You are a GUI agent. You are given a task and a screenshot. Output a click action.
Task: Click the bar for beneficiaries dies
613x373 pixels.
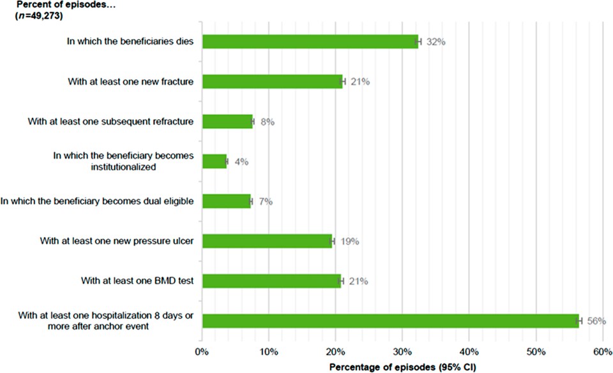click(310, 42)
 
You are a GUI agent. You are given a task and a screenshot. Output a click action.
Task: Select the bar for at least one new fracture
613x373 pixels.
click(273, 82)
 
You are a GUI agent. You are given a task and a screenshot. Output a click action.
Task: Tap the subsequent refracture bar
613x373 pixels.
click(227, 121)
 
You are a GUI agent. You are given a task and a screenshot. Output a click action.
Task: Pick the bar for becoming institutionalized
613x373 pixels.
click(215, 161)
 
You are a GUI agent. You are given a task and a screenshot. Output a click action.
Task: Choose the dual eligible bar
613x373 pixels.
click(226, 201)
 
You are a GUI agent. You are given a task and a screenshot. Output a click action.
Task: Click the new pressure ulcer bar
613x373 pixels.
click(267, 241)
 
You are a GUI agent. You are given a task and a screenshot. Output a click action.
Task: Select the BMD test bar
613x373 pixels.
click(271, 281)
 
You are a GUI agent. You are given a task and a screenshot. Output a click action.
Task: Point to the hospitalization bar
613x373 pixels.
click(390, 321)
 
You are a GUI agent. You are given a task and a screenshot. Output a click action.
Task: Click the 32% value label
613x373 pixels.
click(435, 42)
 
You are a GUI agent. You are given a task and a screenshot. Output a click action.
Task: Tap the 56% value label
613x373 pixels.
click(596, 321)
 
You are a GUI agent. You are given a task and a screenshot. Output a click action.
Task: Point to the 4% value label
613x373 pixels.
click(241, 161)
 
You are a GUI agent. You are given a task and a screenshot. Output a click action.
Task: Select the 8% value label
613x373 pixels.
click(266, 121)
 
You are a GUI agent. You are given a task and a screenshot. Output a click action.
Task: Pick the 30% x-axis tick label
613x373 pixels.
click(402, 351)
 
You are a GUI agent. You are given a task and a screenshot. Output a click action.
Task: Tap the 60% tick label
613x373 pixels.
click(602, 351)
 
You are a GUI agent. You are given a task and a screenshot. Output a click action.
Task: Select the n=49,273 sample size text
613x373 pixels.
click(39, 17)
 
